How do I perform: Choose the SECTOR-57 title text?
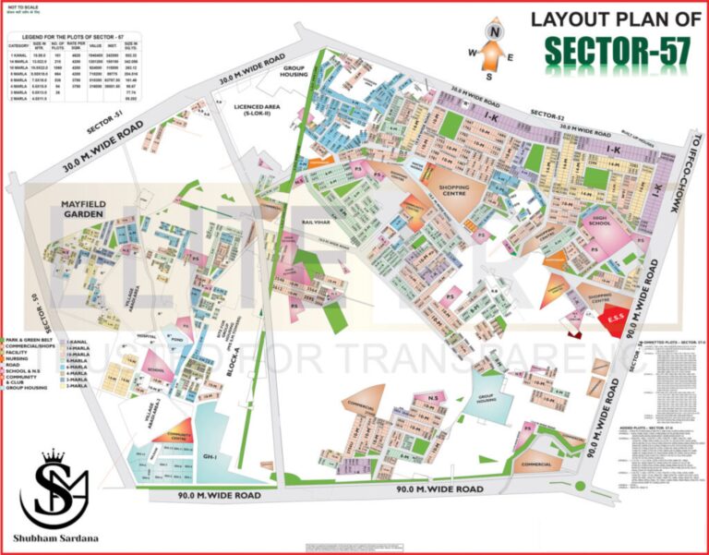point(616,52)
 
